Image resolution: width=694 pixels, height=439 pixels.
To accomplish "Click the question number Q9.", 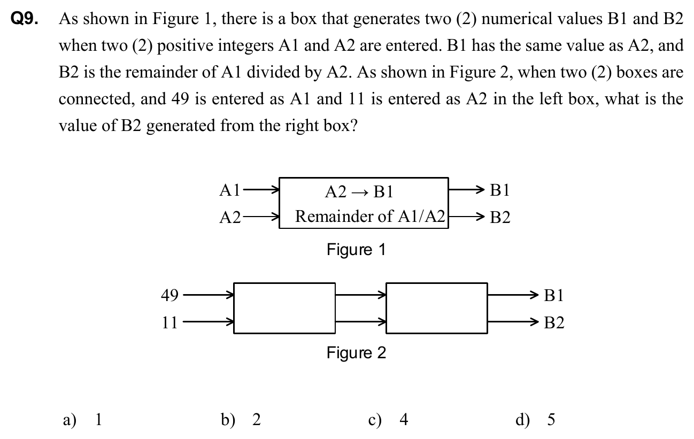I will pyautogui.click(x=25, y=20).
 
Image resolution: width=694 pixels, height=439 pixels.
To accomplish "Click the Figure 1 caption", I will pyautogui.click(x=356, y=250).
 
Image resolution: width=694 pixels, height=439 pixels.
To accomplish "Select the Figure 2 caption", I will pyautogui.click(x=356, y=353).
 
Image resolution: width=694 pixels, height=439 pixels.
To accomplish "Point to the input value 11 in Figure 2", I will pyautogui.click(x=169, y=322).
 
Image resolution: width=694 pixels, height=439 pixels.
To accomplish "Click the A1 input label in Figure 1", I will pyautogui.click(x=230, y=190).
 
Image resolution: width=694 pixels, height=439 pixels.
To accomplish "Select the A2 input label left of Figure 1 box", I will pyautogui.click(x=230, y=218).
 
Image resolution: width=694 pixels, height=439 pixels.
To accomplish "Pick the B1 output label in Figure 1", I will pyautogui.click(x=500, y=190).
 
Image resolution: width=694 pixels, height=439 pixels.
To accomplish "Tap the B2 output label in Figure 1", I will pyautogui.click(x=500, y=218).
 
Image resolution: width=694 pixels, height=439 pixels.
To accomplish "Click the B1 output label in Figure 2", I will pyautogui.click(x=553, y=295).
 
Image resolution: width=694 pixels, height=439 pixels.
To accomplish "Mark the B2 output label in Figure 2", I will pyautogui.click(x=553, y=323).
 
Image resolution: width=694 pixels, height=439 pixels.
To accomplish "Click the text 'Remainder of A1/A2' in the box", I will pyautogui.click(x=370, y=217).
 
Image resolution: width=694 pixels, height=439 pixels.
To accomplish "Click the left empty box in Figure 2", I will pyautogui.click(x=284, y=308).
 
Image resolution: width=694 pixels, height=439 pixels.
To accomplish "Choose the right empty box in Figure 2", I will pyautogui.click(x=436, y=308).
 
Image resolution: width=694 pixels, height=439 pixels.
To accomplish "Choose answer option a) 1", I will pyautogui.click(x=82, y=420).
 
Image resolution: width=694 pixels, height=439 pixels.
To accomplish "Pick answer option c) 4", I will pyautogui.click(x=389, y=420).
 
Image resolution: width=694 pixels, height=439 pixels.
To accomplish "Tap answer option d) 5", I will pyautogui.click(x=535, y=420).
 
